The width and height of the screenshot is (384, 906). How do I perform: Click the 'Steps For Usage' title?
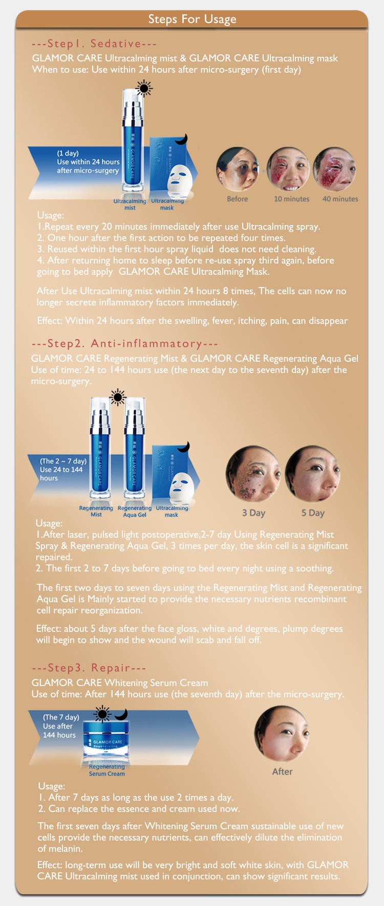(192, 19)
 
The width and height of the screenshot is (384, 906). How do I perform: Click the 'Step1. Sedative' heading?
(94, 44)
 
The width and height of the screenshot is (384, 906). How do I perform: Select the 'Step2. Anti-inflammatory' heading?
(124, 344)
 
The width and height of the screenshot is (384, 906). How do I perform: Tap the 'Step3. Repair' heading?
(89, 668)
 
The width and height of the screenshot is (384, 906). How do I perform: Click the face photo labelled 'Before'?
(237, 169)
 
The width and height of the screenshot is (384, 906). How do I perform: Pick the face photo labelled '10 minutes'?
(288, 169)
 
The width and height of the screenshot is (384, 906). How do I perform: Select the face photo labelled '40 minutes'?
(335, 169)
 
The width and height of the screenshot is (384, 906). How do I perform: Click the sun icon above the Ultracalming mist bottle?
(144, 89)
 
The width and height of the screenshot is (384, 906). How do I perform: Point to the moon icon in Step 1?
(181, 140)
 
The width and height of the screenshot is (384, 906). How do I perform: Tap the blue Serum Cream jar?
(107, 739)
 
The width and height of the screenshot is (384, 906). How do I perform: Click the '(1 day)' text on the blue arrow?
(68, 153)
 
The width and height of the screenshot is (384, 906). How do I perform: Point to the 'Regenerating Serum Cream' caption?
(106, 770)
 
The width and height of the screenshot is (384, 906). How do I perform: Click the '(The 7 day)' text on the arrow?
(61, 717)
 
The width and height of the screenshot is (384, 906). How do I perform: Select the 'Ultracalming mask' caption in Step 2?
(172, 511)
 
